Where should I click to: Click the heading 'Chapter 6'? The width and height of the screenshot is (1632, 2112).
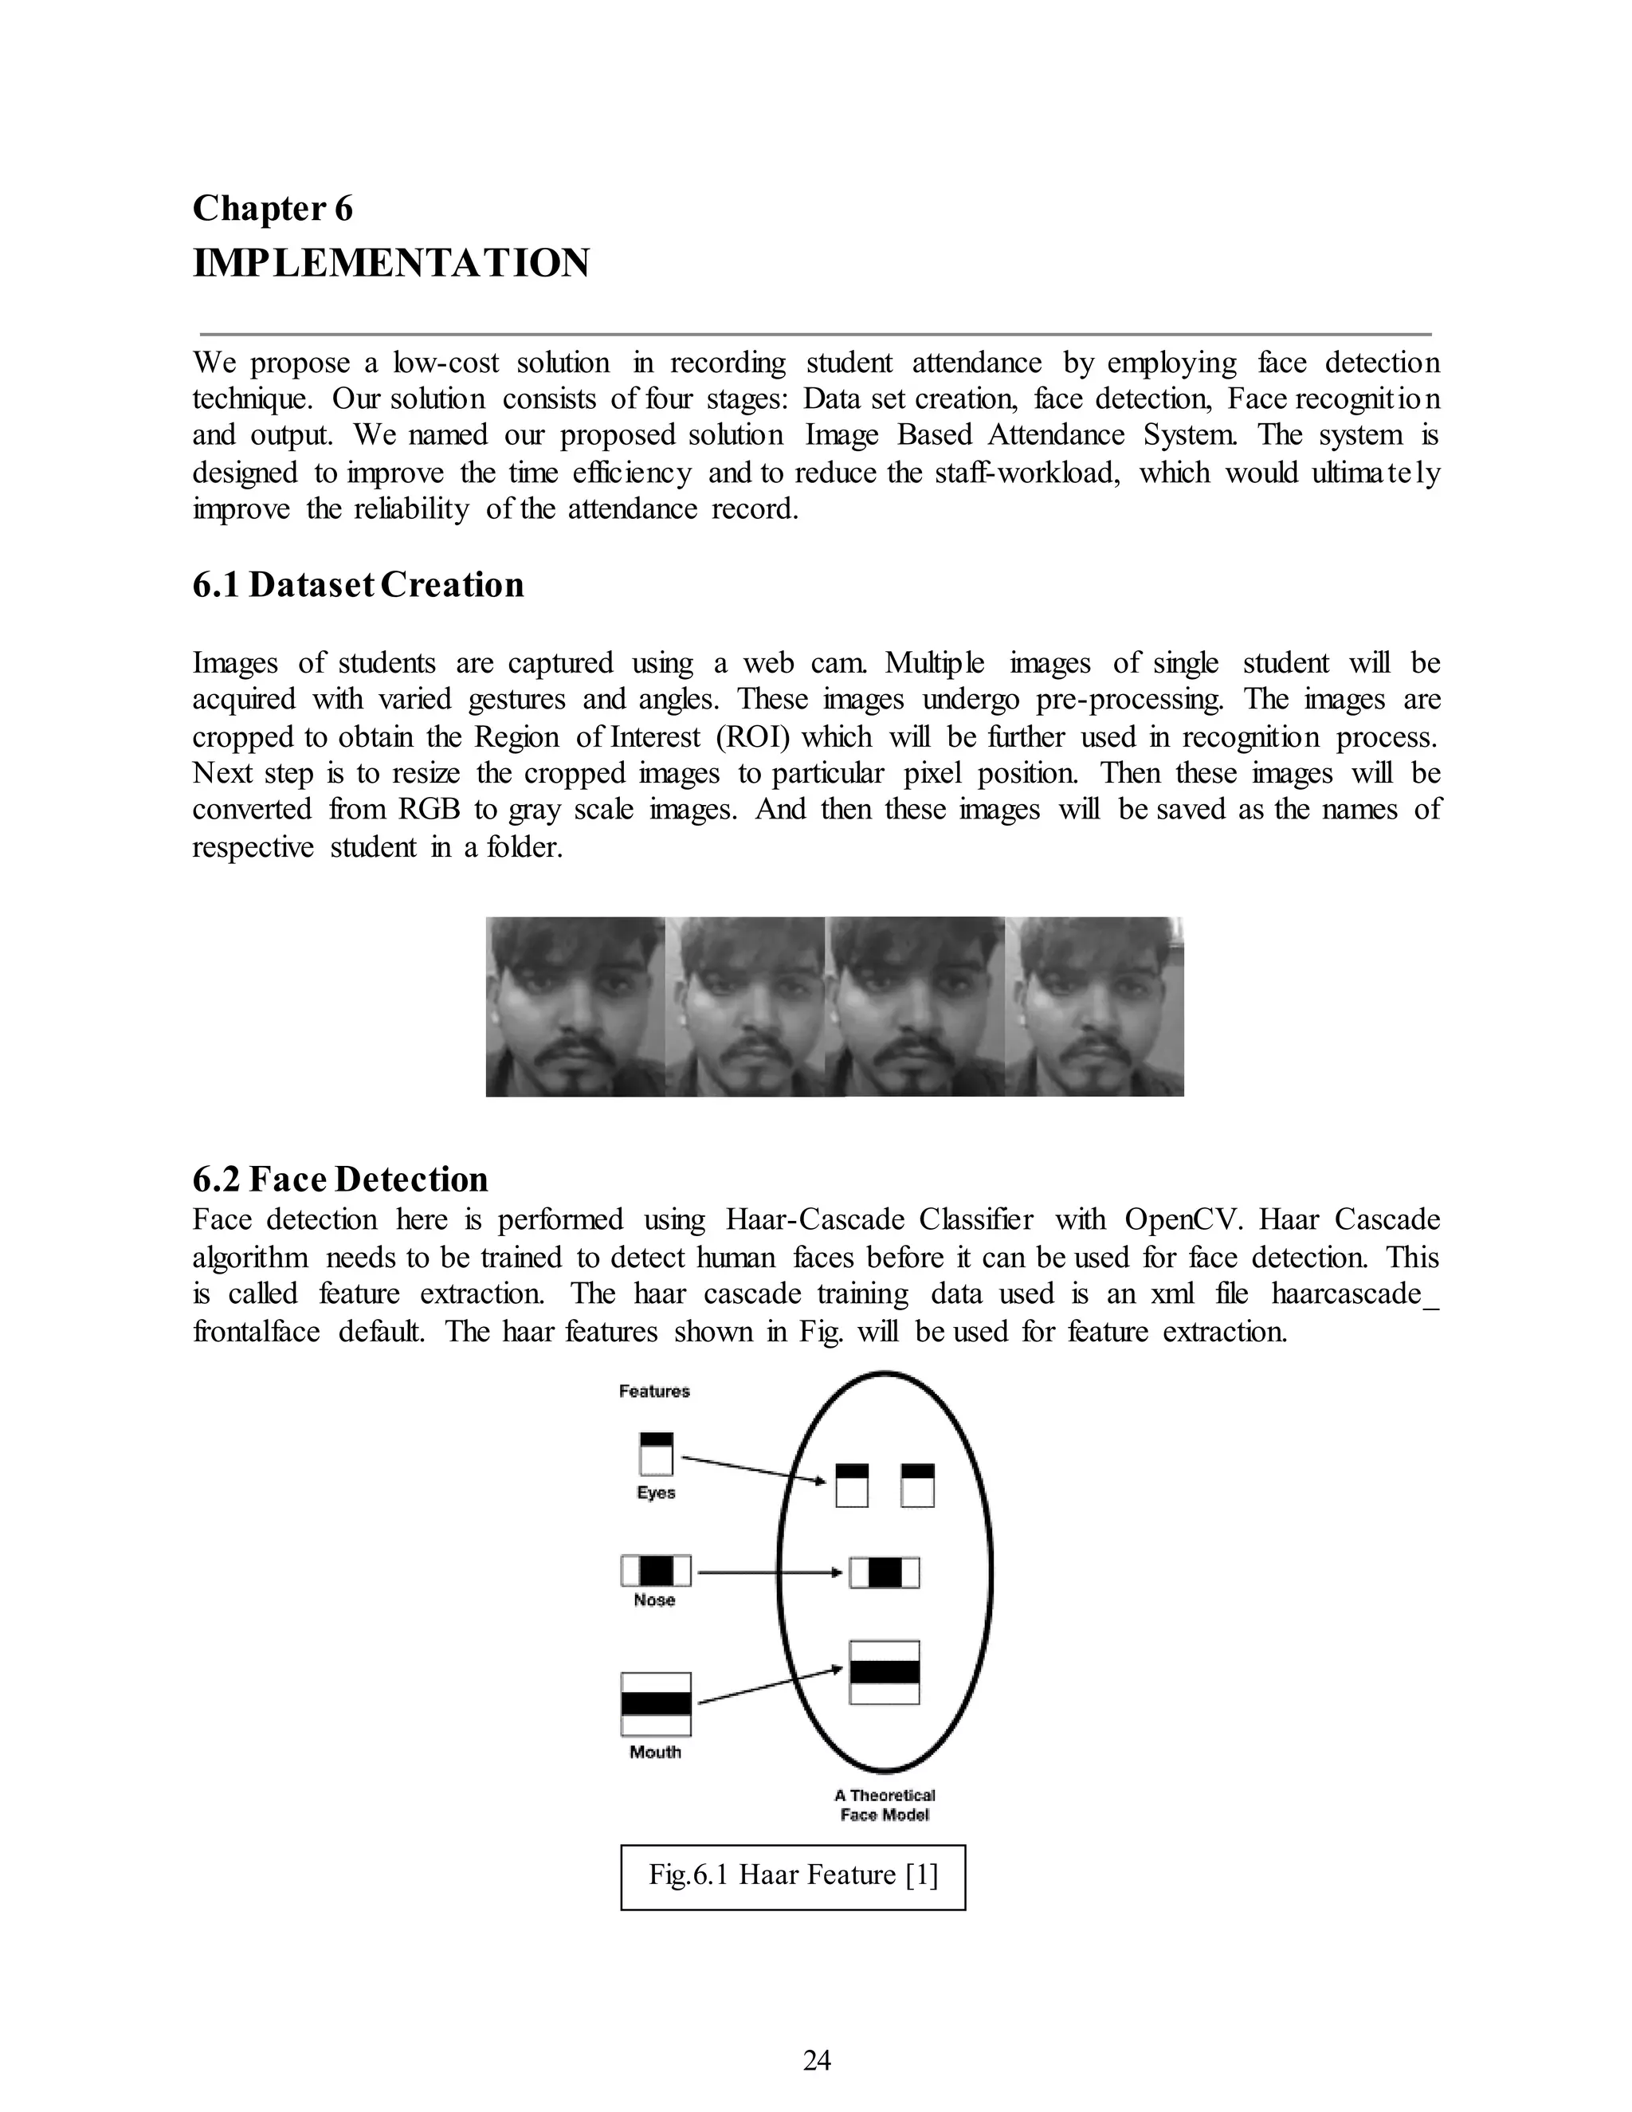tap(273, 208)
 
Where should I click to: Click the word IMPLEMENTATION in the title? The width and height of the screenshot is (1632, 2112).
tap(390, 263)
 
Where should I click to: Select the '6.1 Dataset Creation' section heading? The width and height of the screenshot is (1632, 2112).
tap(358, 585)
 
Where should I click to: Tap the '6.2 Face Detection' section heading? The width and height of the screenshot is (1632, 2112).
tap(340, 1179)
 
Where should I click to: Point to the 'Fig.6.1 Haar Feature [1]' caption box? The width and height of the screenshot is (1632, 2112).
tap(793, 1875)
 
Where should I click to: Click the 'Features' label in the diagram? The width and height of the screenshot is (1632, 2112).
tap(653, 1391)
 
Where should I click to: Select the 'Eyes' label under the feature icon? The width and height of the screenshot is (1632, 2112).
tap(656, 1492)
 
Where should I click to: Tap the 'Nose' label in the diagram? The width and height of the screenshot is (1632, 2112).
tap(654, 1600)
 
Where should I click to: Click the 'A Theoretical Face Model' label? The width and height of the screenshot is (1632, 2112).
tap(884, 1804)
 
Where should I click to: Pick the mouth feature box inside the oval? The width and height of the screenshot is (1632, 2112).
tap(884, 1672)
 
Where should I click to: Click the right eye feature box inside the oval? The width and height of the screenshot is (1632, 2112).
tap(916, 1486)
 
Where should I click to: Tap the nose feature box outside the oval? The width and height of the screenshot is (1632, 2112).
tap(656, 1569)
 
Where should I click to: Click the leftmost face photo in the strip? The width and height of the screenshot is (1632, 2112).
tap(575, 1006)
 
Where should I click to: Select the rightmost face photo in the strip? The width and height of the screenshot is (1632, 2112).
tap(1093, 1006)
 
